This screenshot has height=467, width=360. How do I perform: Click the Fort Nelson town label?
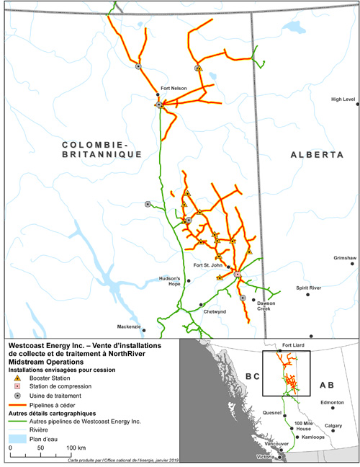(x=174, y=89)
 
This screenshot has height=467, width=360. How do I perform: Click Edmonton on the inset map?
(x=333, y=402)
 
